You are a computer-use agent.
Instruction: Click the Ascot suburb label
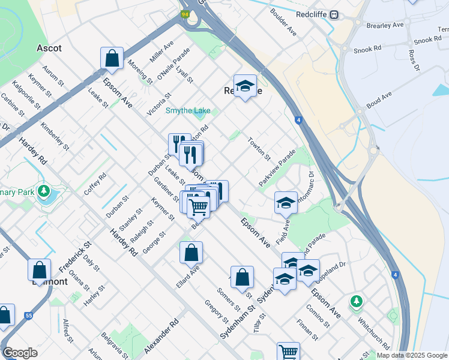[x=50, y=47]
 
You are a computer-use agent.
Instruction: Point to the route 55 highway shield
[x=28, y=315]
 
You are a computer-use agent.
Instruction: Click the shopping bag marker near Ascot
[x=112, y=59]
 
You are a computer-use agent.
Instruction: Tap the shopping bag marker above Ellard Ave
[x=191, y=253]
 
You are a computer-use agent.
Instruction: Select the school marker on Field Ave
[x=286, y=203]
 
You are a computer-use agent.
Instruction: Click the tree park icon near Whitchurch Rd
[x=357, y=301]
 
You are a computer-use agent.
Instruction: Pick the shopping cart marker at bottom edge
[x=288, y=352]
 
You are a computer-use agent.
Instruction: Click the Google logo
[x=20, y=353]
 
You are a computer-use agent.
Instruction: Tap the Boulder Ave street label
[x=283, y=22]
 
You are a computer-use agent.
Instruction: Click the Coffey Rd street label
[x=95, y=184]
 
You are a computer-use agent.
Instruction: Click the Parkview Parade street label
[x=277, y=167]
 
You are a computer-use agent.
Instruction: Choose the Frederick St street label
[x=79, y=254]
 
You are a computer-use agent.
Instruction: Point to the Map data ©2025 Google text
[x=412, y=355]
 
